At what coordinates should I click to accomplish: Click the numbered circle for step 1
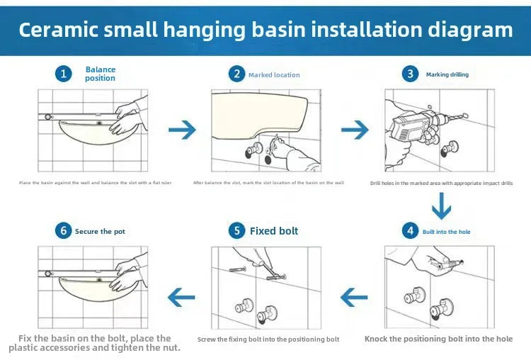(x=64, y=74)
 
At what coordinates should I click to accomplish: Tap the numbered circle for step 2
(x=236, y=74)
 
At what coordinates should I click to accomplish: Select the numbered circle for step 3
(x=409, y=74)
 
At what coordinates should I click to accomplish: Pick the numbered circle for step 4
(x=410, y=231)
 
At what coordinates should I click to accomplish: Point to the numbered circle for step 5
(x=236, y=231)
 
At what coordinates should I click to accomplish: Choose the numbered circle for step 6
(x=64, y=231)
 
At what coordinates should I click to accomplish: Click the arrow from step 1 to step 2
(x=183, y=130)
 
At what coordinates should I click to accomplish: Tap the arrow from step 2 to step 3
(x=355, y=130)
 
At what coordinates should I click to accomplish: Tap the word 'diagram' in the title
(x=469, y=30)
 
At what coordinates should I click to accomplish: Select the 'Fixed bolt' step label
(x=274, y=231)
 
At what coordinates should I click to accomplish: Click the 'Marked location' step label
(x=274, y=74)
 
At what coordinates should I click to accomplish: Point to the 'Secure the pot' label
(x=101, y=232)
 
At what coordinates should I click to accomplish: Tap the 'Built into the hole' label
(x=447, y=232)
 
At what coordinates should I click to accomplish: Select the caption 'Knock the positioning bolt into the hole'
(x=438, y=339)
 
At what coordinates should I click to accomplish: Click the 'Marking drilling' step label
(x=447, y=74)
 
